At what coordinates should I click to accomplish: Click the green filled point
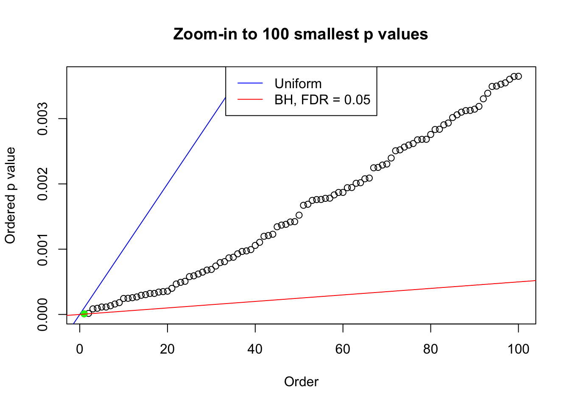pyautogui.click(x=84, y=314)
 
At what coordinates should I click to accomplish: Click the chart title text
pyautogui.click(x=300, y=34)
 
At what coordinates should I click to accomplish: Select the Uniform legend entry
pyautogui.click(x=298, y=84)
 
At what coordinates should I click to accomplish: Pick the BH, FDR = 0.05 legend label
pyautogui.click(x=322, y=100)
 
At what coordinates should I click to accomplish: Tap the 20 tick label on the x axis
pyautogui.click(x=167, y=349)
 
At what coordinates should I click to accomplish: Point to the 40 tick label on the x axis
pyautogui.click(x=255, y=349)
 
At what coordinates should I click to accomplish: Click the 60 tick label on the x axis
pyautogui.click(x=343, y=349)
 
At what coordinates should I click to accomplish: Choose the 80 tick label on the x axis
pyautogui.click(x=430, y=349)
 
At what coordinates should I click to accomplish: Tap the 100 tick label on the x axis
pyautogui.click(x=518, y=349)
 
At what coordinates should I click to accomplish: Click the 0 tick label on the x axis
pyautogui.click(x=80, y=349)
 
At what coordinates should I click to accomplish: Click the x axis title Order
pyautogui.click(x=301, y=382)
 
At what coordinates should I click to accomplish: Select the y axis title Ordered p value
pyautogui.click(x=10, y=195)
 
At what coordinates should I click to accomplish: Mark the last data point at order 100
pyautogui.click(x=518, y=76)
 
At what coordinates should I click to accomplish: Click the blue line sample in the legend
pyautogui.click(x=250, y=84)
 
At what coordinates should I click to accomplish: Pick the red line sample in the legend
pyautogui.click(x=250, y=100)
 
